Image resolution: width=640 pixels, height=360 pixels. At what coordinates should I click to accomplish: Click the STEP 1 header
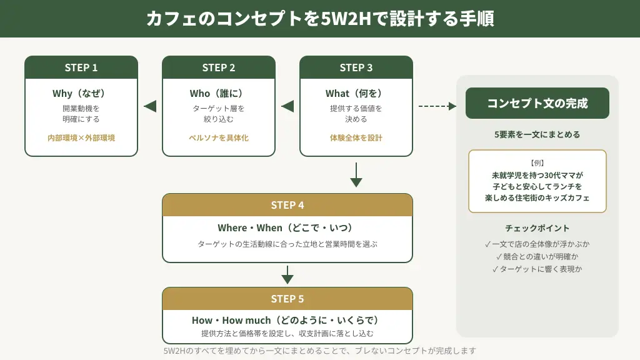coord(81,67)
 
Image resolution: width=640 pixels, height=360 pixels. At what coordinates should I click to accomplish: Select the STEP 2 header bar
coord(219,67)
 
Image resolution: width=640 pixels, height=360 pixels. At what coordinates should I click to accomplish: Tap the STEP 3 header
coord(356,67)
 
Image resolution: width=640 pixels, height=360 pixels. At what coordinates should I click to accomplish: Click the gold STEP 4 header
coord(287,205)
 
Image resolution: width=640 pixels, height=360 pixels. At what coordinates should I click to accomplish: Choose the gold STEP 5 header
coord(287,299)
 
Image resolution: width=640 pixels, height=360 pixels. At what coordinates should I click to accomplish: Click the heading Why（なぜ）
coord(81,94)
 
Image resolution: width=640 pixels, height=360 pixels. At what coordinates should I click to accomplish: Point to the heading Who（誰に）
coord(219,94)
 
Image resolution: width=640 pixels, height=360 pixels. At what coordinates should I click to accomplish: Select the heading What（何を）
coord(356,94)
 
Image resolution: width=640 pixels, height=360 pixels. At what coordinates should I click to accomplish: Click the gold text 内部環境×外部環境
coord(81,137)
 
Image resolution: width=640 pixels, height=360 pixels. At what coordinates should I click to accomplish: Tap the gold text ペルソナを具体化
coord(219,137)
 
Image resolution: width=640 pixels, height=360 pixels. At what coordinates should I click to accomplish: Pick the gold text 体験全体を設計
coord(356,137)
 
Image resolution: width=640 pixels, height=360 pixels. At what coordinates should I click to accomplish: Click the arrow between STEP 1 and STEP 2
coord(150,106)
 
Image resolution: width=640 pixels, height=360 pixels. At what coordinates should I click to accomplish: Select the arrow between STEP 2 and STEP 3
coord(287,106)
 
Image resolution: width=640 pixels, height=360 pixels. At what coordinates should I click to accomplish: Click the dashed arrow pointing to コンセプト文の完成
coord(437,106)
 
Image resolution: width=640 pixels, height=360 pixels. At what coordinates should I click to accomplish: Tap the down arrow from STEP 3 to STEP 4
coord(356,175)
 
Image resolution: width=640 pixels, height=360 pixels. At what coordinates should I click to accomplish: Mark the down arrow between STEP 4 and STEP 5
coord(287,275)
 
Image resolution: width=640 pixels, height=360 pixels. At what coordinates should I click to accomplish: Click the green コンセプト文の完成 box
coord(537,103)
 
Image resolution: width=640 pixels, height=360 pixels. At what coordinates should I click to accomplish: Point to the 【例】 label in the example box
coord(537,162)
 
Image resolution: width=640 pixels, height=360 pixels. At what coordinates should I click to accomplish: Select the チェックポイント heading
coord(537,228)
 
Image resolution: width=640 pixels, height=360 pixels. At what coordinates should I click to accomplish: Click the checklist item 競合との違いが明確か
coord(537,256)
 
